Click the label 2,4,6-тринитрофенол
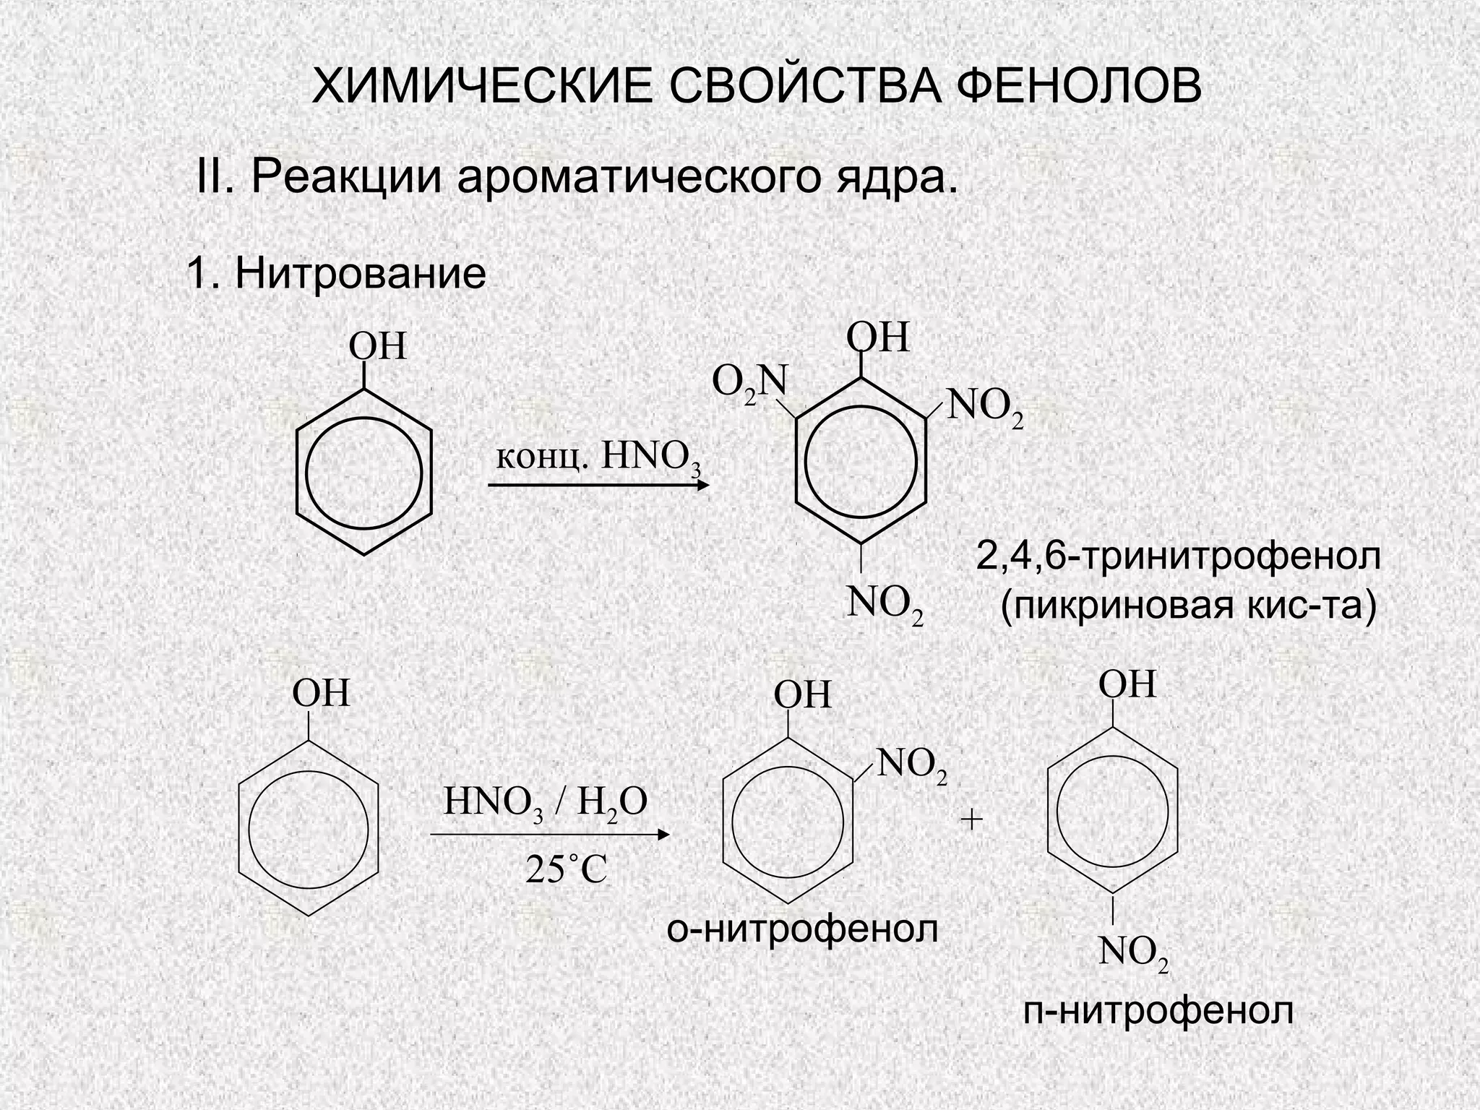(x=1179, y=556)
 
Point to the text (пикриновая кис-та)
(x=1188, y=604)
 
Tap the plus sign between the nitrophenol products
(x=972, y=819)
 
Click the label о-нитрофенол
(x=802, y=929)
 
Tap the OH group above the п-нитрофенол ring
(x=1127, y=684)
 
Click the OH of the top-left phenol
(x=378, y=347)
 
